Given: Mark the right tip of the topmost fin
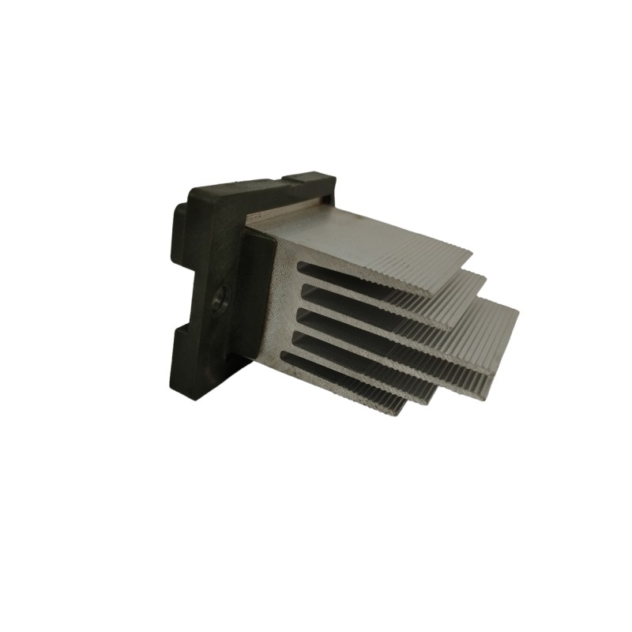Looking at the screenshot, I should (x=471, y=254).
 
